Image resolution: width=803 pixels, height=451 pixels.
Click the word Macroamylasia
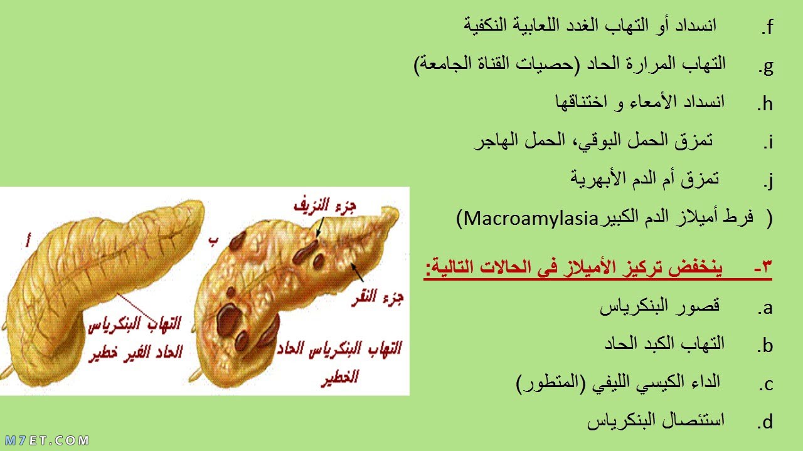point(531,218)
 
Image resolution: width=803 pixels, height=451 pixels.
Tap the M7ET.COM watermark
point(47,440)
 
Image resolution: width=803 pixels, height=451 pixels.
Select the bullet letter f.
point(767,27)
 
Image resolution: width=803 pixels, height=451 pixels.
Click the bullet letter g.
point(766,67)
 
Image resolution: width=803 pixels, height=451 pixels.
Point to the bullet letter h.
point(765,104)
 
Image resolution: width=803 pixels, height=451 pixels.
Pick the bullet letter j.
point(769,180)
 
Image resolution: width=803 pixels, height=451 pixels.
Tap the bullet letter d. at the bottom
point(765,422)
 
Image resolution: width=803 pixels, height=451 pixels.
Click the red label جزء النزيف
point(325,205)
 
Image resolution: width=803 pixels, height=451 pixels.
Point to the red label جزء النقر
point(378,298)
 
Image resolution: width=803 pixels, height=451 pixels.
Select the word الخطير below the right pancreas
point(340,377)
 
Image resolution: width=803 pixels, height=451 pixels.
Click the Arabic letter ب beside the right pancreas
point(213,242)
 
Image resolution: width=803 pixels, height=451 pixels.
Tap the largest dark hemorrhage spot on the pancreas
point(228,319)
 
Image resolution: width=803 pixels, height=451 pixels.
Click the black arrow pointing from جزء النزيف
point(320,227)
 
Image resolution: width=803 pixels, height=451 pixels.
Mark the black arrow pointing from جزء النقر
point(357,272)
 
